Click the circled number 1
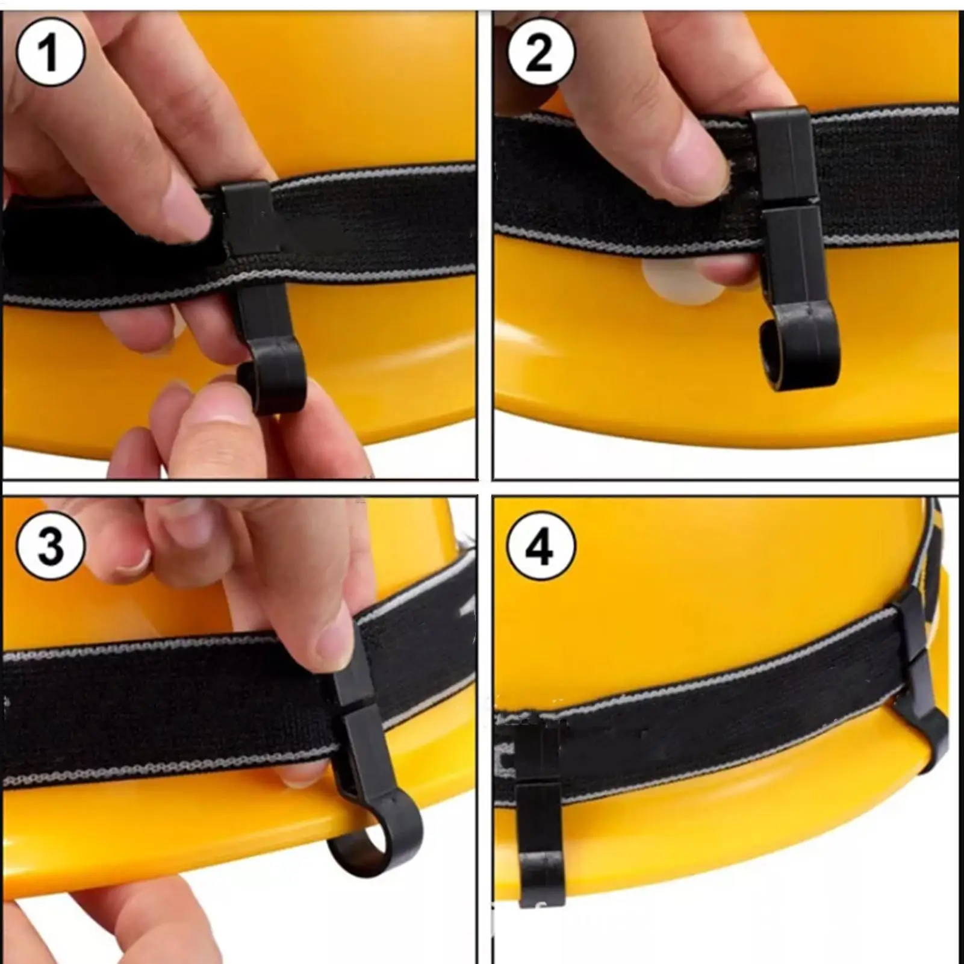(51, 52)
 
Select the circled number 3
(51, 546)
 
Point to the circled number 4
(540, 546)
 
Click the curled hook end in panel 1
(271, 385)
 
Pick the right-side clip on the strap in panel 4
(918, 680)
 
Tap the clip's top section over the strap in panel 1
(248, 217)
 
